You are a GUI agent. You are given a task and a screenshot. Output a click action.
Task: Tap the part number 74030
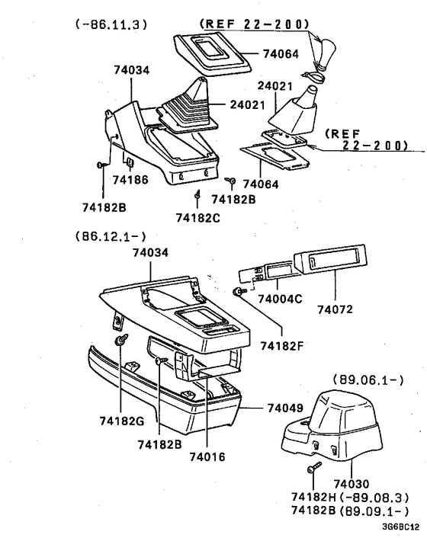pos(352,484)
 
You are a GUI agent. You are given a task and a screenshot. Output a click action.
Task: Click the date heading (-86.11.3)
pos(111,25)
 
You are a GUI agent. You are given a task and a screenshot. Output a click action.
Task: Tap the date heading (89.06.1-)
pos(368,379)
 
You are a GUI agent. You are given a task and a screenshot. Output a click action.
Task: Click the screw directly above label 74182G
pos(120,342)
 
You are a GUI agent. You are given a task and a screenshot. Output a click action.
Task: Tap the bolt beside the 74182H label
pos(312,472)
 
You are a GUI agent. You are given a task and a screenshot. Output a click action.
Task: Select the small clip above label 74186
pos(130,162)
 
